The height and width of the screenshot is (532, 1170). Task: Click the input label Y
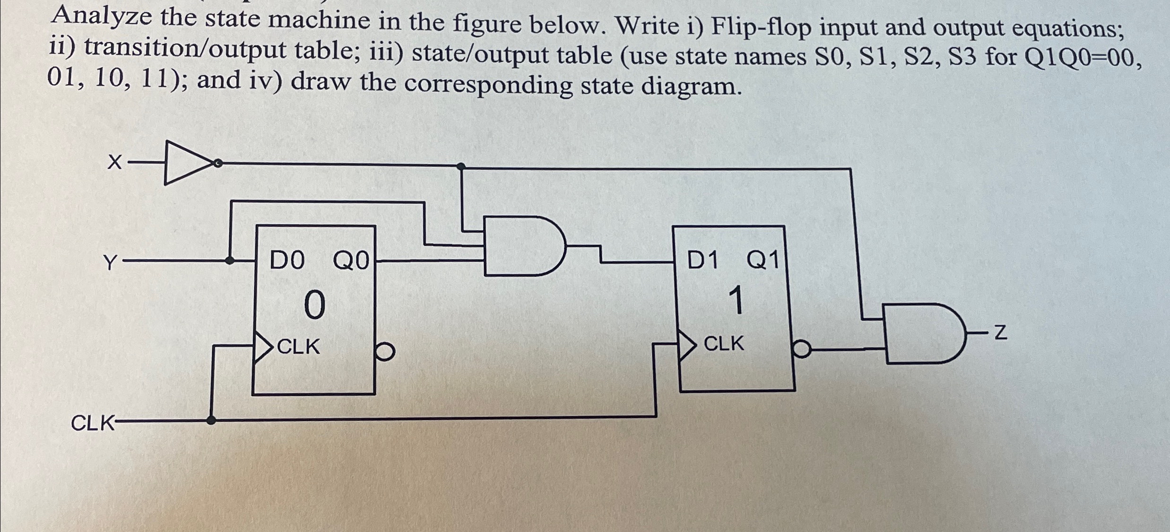[110, 262]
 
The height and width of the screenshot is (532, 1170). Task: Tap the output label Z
[1001, 333]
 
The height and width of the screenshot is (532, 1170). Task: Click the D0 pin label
[287, 261]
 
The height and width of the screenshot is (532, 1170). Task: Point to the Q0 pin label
[351, 261]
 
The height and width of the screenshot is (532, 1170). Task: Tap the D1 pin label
[703, 260]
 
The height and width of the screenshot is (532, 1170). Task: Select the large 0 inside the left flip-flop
[314, 305]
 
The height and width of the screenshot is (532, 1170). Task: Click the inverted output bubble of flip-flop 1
[802, 350]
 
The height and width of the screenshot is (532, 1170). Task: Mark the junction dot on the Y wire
[230, 260]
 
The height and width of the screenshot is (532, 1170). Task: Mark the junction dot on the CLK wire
[211, 420]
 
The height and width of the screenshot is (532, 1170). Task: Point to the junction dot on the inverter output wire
[461, 166]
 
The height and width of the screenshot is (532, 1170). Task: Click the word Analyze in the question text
[102, 17]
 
